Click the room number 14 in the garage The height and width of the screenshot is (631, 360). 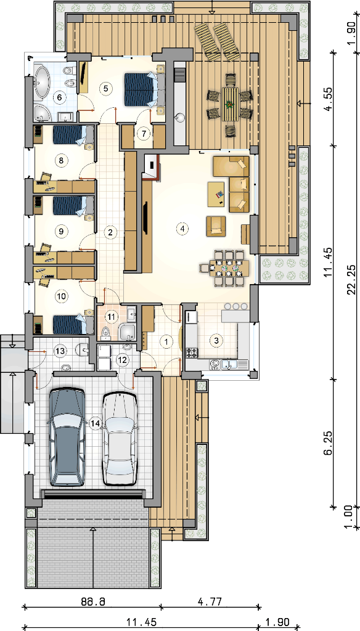[x=95, y=423]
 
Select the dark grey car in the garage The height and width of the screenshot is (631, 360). [x=67, y=437]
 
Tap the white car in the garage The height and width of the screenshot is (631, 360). [x=120, y=439]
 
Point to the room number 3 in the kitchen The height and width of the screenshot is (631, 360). [x=216, y=340]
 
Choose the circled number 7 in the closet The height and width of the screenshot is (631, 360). [x=142, y=134]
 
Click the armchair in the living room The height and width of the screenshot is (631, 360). [x=216, y=226]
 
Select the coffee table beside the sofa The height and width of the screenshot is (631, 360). [x=216, y=194]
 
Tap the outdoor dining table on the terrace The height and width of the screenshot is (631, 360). [x=230, y=104]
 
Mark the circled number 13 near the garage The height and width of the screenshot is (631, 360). [x=60, y=351]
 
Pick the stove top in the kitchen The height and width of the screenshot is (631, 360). [x=192, y=353]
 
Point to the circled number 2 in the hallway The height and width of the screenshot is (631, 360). [x=110, y=232]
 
